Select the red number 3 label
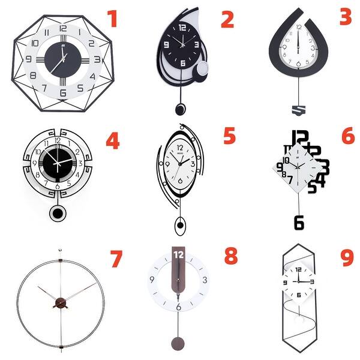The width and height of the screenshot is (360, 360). [345, 16]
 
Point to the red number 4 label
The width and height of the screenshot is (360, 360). [112, 140]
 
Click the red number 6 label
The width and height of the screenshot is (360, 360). [348, 136]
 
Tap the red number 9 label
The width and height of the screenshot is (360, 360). [347, 257]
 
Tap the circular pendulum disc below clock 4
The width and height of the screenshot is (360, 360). [58, 214]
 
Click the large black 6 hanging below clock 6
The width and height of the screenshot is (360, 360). [299, 221]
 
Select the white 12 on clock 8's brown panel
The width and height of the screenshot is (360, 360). [178, 255]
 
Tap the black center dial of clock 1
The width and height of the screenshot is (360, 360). [61, 59]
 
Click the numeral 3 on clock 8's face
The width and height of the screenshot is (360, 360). [205, 280]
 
